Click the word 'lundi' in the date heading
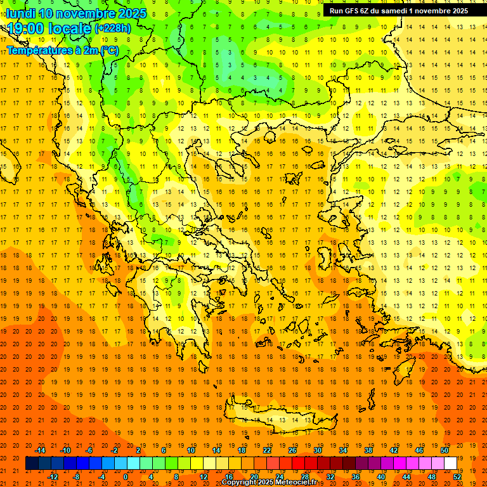tap(20, 13)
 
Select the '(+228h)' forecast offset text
tap(113, 28)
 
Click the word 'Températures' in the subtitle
tap(38, 50)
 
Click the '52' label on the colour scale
tap(458, 477)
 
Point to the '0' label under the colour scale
tap(125, 477)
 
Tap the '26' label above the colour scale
tap(292, 450)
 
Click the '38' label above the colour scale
tap(368, 450)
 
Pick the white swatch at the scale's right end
tap(451, 464)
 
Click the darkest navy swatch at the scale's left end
tap(32, 464)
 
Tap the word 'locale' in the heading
tap(70, 28)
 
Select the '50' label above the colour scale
tap(445, 450)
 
